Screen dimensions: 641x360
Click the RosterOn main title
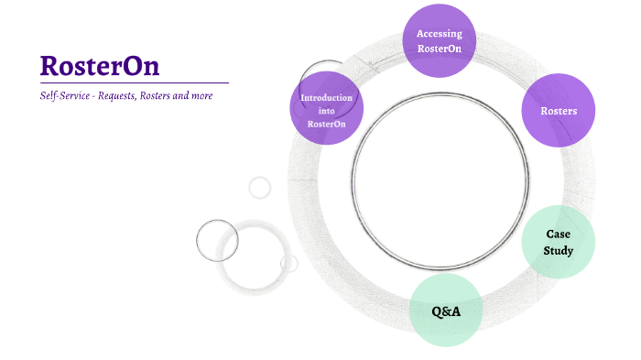pos(100,66)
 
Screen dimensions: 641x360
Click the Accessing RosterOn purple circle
pos(440,40)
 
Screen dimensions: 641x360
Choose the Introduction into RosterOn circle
pos(327,108)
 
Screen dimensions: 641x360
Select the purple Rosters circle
pos(559,110)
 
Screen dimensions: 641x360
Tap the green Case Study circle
pos(559,242)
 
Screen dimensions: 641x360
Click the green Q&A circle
pos(446,311)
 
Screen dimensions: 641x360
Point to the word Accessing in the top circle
pos(440,34)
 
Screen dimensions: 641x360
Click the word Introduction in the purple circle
pos(327,97)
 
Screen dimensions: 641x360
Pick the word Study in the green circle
pos(559,249)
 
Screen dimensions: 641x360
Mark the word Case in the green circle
pos(559,235)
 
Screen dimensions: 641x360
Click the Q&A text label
pos(446,311)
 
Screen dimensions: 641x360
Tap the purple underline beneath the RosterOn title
pos(134,83)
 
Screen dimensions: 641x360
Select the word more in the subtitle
pos(212,95)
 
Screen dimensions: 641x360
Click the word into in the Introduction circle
pos(327,110)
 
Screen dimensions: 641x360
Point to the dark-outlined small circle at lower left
pos(217,241)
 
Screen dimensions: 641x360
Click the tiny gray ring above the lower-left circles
pos(260,188)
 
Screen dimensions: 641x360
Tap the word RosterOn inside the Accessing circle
pos(440,48)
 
